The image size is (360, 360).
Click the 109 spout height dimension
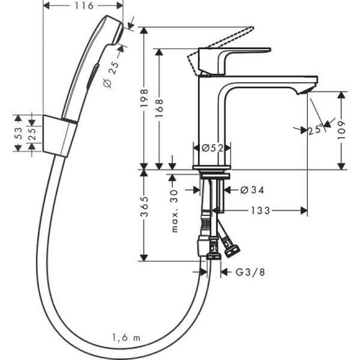(341, 130)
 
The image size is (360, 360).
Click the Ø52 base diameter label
(213, 148)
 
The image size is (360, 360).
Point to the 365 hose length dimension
(143, 214)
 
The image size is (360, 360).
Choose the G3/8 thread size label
(246, 272)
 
